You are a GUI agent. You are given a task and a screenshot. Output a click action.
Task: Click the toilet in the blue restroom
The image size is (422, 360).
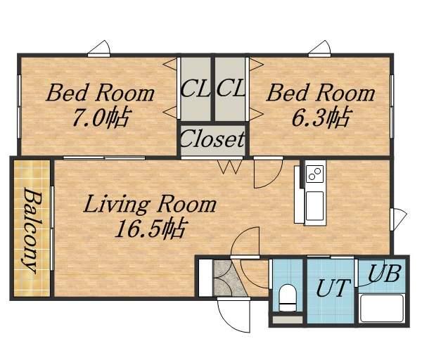tap(288, 298)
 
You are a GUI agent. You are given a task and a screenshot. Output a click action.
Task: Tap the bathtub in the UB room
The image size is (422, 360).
tap(382, 309)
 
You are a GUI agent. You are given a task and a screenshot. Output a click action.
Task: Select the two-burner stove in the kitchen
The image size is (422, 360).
tap(314, 174)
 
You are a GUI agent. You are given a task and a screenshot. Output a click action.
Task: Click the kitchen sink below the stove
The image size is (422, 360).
tap(314, 205)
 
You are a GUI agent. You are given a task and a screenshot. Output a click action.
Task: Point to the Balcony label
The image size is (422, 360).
tap(32, 231)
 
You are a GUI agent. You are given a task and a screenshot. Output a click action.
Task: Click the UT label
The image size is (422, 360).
tap(333, 288)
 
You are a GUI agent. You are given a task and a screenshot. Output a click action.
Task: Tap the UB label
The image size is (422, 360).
tap(384, 274)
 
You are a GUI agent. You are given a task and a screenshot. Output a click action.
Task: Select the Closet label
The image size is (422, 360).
tap(212, 139)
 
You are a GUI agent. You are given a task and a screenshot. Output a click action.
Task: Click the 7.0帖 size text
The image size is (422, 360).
tap(102, 117)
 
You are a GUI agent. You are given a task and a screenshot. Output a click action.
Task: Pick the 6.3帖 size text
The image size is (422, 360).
tap(321, 117)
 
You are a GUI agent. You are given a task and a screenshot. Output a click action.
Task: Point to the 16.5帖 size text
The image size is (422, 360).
tap(150, 229)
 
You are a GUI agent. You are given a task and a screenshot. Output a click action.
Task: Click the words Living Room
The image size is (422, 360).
tap(150, 204)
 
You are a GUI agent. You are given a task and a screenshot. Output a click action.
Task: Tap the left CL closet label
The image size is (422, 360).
tap(195, 88)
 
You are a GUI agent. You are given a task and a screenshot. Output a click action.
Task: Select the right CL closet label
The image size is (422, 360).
tap(231, 88)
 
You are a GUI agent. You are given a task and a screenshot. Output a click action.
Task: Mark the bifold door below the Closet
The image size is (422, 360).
tap(230, 167)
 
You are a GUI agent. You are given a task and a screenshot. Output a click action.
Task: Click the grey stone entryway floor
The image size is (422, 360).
tap(229, 278)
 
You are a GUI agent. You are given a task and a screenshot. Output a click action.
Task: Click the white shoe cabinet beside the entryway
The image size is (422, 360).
tap(205, 278)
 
